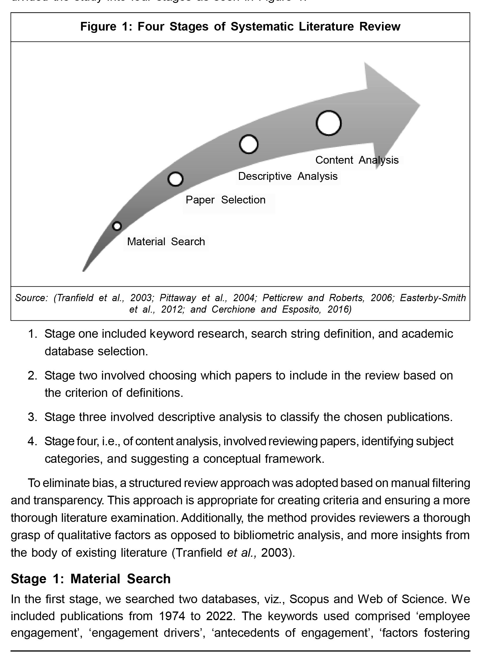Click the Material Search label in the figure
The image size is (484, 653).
(166, 242)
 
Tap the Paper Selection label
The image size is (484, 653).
(225, 200)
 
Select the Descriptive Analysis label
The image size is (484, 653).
(288, 176)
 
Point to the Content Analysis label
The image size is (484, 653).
(357, 160)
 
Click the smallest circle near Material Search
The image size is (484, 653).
(117, 226)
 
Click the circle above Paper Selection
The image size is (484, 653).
(176, 179)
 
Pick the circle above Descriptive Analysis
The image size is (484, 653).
(248, 144)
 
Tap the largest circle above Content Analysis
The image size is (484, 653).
(328, 123)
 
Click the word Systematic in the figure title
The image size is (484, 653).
(262, 27)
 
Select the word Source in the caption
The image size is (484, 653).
(31, 298)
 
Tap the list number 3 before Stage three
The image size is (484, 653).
(32, 417)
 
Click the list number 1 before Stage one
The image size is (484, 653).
(32, 334)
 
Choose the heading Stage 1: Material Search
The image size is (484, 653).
(91, 579)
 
